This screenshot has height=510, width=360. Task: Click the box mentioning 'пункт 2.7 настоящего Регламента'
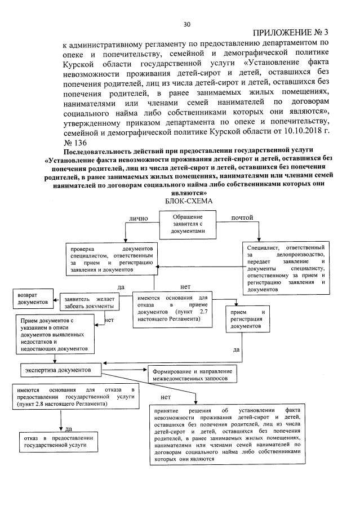[x=171, y=309]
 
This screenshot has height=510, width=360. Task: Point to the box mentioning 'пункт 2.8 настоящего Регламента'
[x=74, y=397]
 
